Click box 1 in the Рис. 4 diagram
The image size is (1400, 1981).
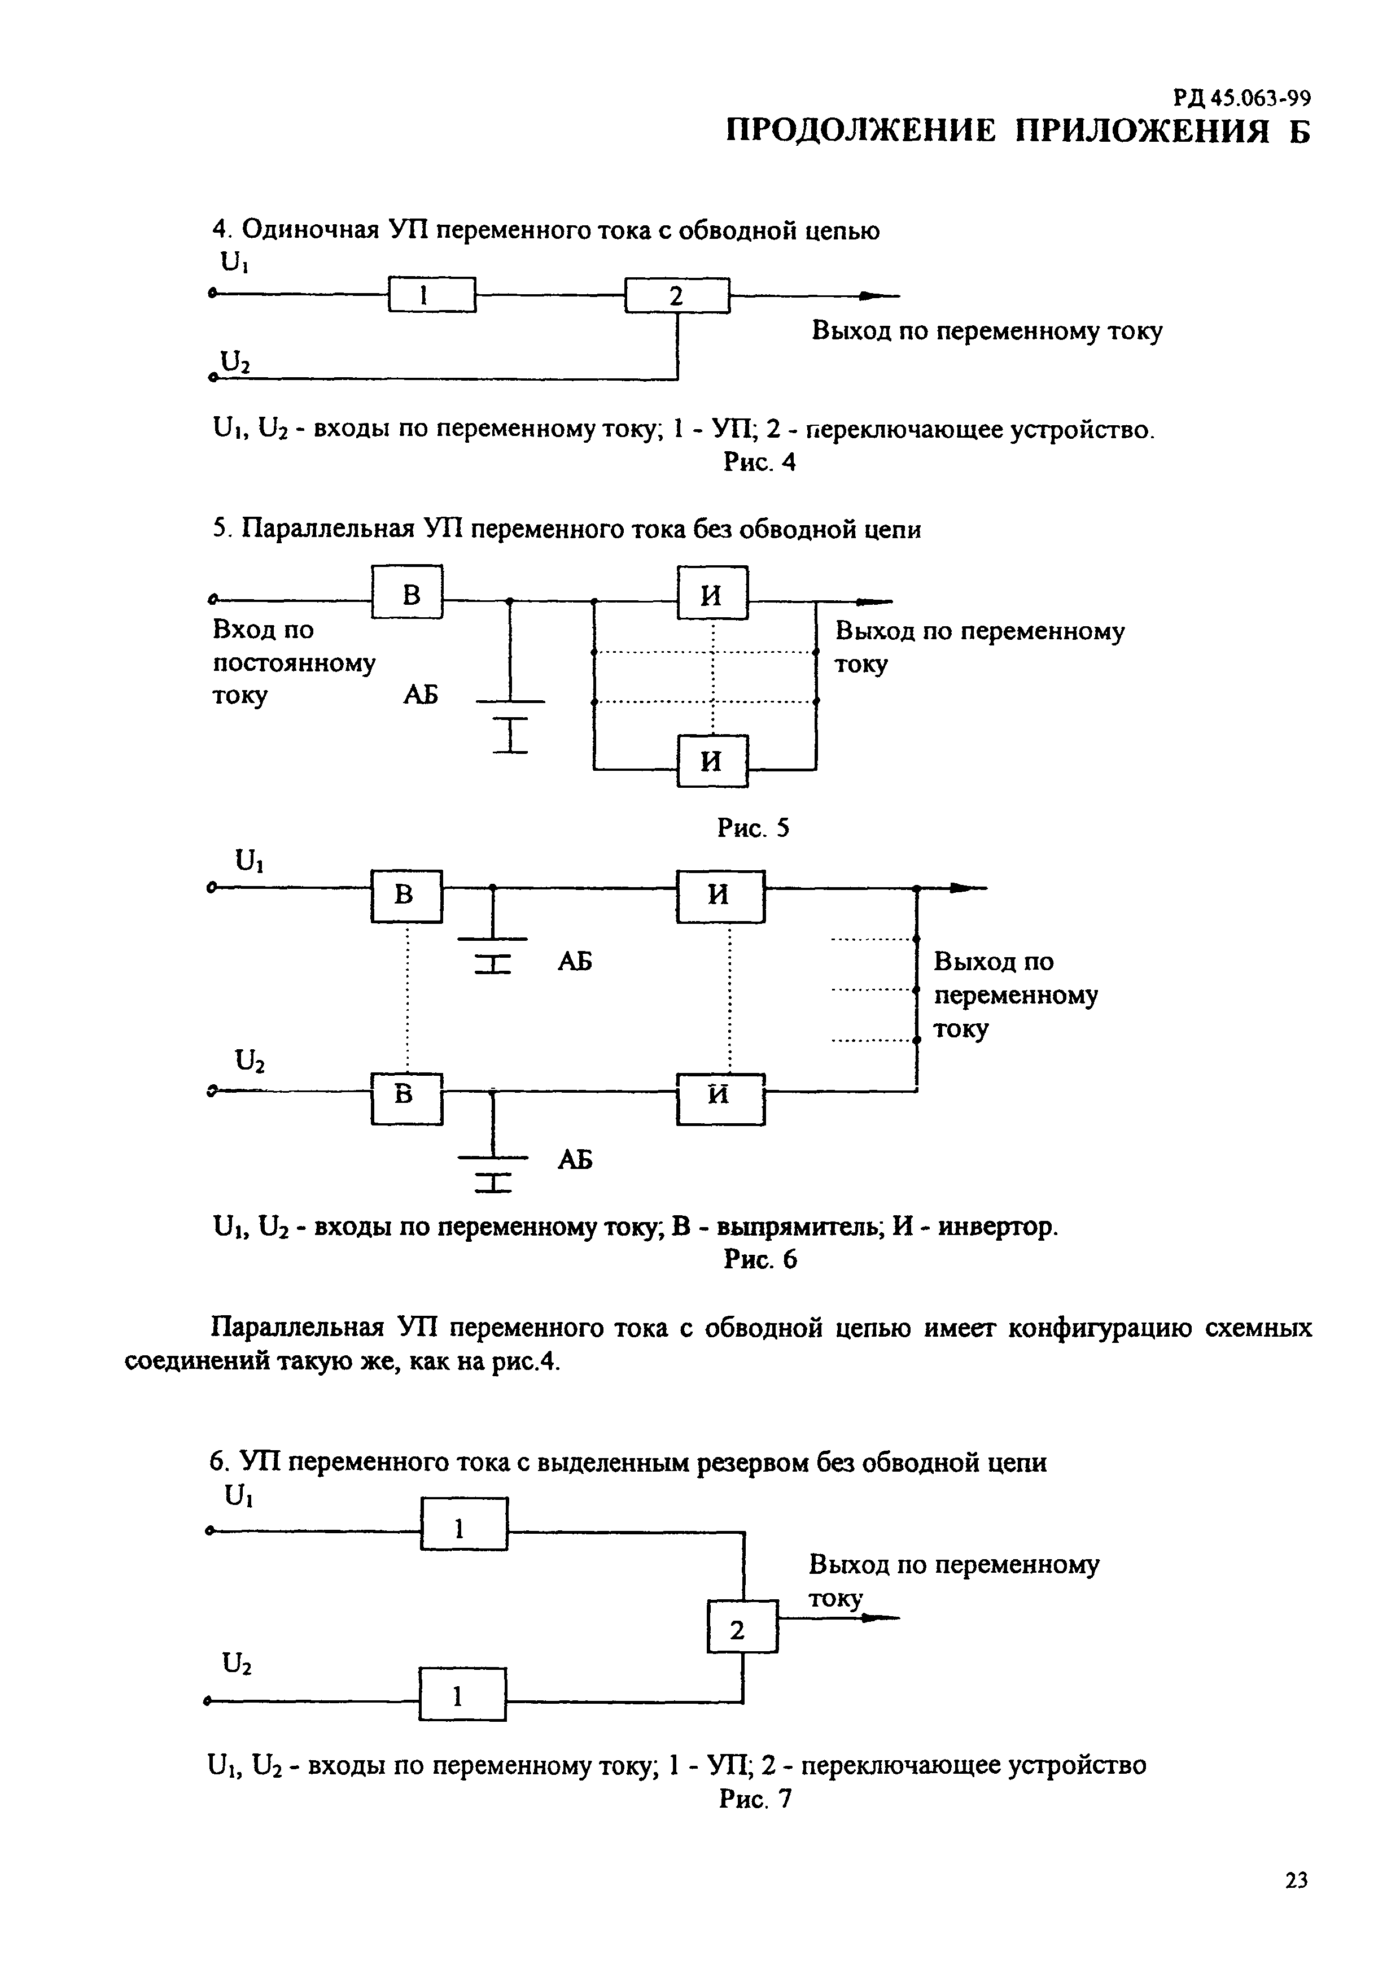click(x=431, y=294)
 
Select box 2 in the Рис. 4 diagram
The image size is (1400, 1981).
click(x=677, y=295)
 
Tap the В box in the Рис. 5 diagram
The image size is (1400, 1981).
click(x=407, y=592)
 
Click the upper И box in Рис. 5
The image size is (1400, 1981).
click(x=712, y=593)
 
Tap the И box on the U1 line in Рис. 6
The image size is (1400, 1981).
click(x=720, y=896)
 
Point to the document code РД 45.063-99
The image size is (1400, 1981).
click(x=1241, y=98)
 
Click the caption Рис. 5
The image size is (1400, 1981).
click(x=753, y=829)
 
